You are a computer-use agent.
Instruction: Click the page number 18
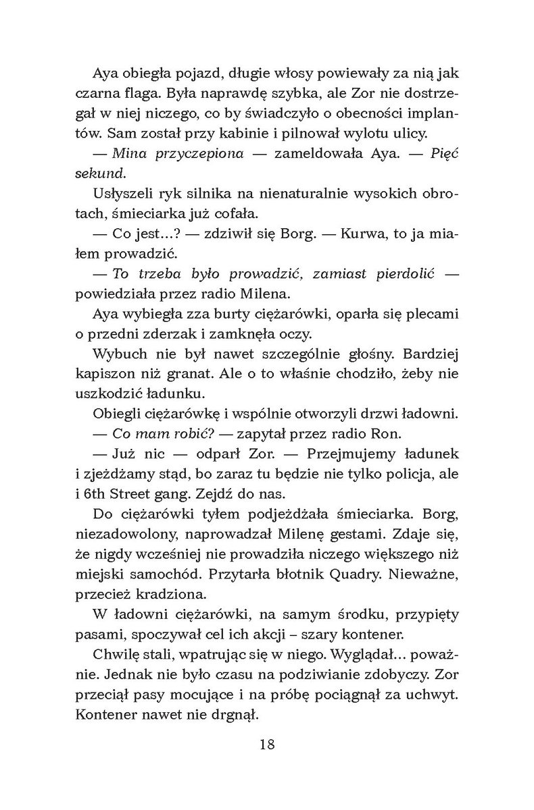tap(267, 745)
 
